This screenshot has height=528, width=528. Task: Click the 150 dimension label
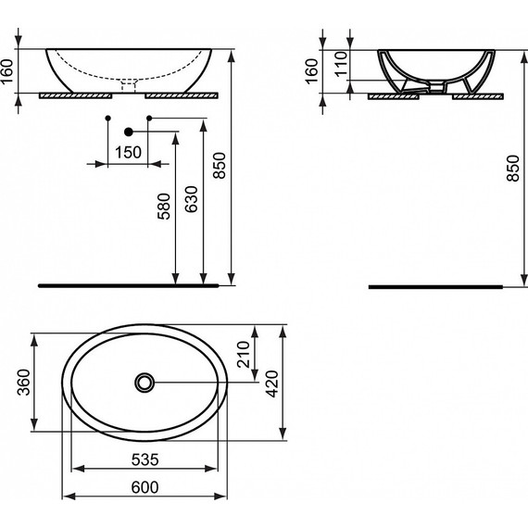tap(129, 152)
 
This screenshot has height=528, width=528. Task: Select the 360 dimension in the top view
tap(22, 382)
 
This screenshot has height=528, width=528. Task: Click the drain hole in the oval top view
tap(145, 381)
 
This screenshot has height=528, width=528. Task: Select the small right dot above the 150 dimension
tap(149, 119)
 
